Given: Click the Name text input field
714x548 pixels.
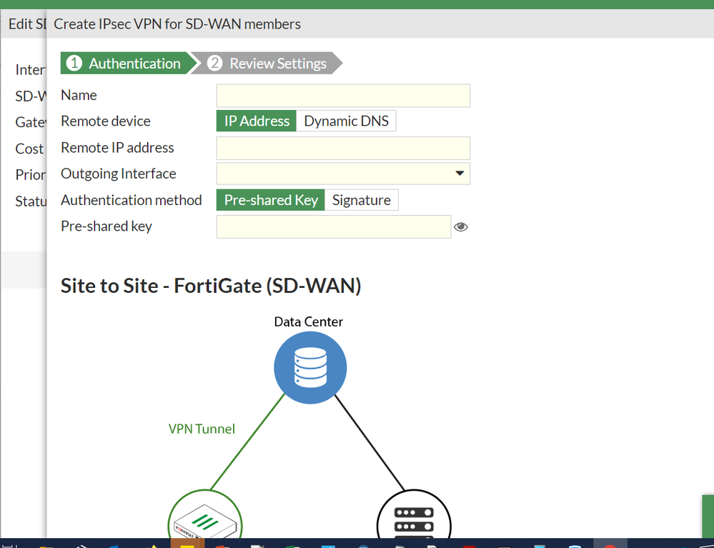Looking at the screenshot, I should pyautogui.click(x=343, y=96).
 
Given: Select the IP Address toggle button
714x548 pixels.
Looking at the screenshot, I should pyautogui.click(x=257, y=121).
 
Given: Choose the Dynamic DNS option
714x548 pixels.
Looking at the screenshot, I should pyautogui.click(x=346, y=121).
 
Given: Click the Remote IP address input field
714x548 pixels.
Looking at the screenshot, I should pyautogui.click(x=343, y=148).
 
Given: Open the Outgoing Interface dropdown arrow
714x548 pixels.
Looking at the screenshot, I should pyautogui.click(x=460, y=174).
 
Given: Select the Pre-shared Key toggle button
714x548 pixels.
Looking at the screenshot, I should pyautogui.click(x=271, y=200).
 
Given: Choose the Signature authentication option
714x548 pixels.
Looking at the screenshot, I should pyautogui.click(x=361, y=200).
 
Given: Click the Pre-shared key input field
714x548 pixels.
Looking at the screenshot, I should pyautogui.click(x=333, y=226).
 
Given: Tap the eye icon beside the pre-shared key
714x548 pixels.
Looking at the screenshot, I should pyautogui.click(x=461, y=227).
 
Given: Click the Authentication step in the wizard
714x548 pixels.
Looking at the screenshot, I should pyautogui.click(x=125, y=64).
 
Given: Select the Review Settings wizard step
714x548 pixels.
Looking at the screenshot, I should pyautogui.click(x=268, y=64).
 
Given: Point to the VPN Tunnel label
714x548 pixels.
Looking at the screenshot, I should pyautogui.click(x=202, y=429).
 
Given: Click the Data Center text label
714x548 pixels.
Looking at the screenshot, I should pyautogui.click(x=308, y=322).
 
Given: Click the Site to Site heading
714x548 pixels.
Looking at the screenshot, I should pyautogui.click(x=211, y=286).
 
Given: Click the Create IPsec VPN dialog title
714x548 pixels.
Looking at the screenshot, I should pyautogui.click(x=177, y=24).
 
